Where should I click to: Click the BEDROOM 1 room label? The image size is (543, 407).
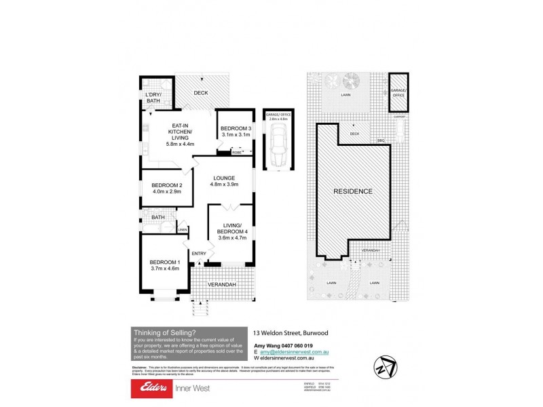point(164,263)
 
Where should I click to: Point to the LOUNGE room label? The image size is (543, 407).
point(223,178)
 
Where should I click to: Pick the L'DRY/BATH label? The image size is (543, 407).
point(154,98)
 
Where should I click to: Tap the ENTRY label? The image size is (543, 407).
point(198,254)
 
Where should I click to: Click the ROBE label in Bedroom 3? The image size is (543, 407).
point(237,153)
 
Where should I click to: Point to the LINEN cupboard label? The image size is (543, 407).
point(182,231)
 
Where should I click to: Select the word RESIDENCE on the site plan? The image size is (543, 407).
point(352,191)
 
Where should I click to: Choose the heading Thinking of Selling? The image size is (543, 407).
point(165,332)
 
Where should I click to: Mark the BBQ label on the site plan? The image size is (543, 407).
point(381,140)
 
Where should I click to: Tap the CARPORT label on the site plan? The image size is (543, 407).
point(399,117)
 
